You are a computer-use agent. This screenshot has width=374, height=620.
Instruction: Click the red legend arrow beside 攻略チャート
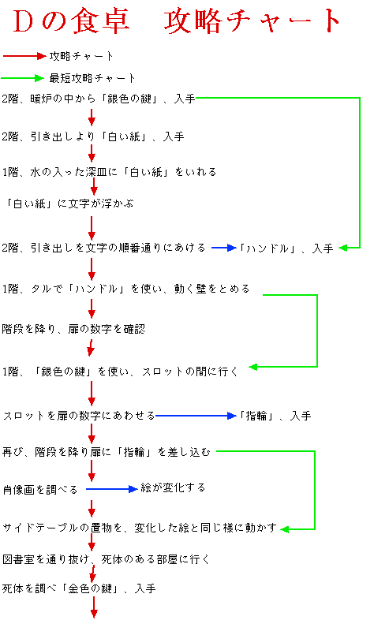24,56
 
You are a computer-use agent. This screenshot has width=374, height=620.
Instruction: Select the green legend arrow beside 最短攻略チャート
23,78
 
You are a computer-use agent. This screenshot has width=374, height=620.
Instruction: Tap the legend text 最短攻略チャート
92,78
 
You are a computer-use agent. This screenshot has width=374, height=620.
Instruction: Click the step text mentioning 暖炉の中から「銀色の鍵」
99,99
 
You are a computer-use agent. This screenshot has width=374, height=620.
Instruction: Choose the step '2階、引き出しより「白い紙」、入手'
93,136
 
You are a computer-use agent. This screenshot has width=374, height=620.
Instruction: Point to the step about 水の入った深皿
109,172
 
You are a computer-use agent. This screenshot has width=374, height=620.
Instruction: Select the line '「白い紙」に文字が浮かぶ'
68,204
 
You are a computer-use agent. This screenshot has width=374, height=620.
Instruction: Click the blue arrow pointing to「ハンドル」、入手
224,248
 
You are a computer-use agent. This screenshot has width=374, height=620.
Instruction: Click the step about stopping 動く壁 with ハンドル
125,289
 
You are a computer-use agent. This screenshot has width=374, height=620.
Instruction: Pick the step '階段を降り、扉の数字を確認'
73,329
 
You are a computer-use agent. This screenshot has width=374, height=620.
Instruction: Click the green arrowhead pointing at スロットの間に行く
253,367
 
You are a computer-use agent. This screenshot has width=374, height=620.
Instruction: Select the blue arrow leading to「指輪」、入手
196,416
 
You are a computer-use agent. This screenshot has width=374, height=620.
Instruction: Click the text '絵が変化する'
173,488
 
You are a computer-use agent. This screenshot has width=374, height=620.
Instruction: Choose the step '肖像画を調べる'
40,490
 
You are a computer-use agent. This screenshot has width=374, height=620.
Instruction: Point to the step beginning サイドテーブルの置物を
140,528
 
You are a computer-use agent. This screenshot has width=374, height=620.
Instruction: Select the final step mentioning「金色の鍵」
79,588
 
